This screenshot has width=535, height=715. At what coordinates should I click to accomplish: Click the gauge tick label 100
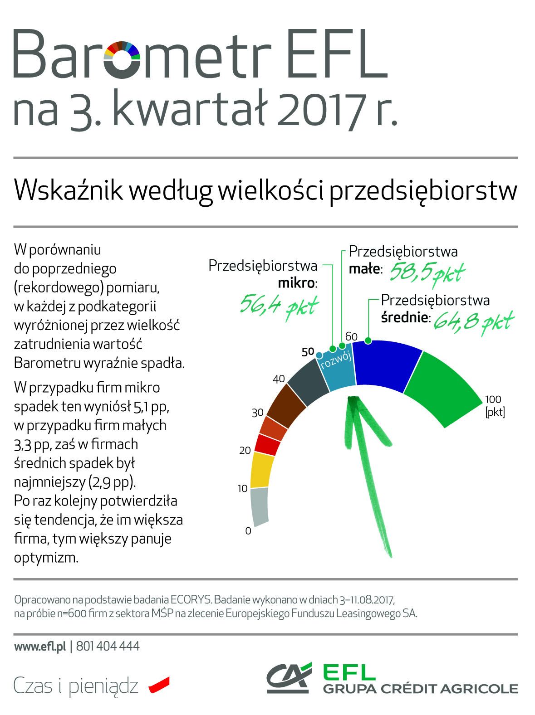tap(493, 399)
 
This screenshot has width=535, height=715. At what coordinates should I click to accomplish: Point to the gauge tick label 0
tap(248, 531)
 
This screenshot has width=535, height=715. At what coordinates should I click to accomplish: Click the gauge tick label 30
tap(258, 413)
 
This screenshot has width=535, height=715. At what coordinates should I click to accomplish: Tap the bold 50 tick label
tap(308, 351)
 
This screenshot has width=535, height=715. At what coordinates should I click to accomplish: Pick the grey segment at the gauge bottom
tap(259, 507)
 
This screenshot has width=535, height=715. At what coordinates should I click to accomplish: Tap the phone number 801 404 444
tap(108, 646)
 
